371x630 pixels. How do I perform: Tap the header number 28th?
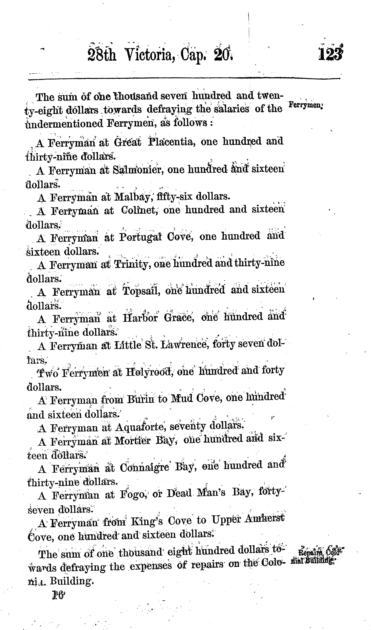point(102,55)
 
